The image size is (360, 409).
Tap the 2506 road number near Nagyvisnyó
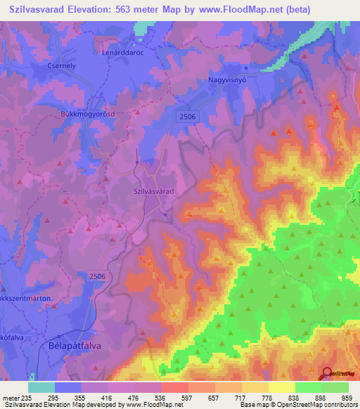tap(188, 117)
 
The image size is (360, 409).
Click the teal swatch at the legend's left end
tap(41, 387)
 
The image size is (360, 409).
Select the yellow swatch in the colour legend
tap(282, 387)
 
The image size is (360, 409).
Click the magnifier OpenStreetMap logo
tap(328, 375)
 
